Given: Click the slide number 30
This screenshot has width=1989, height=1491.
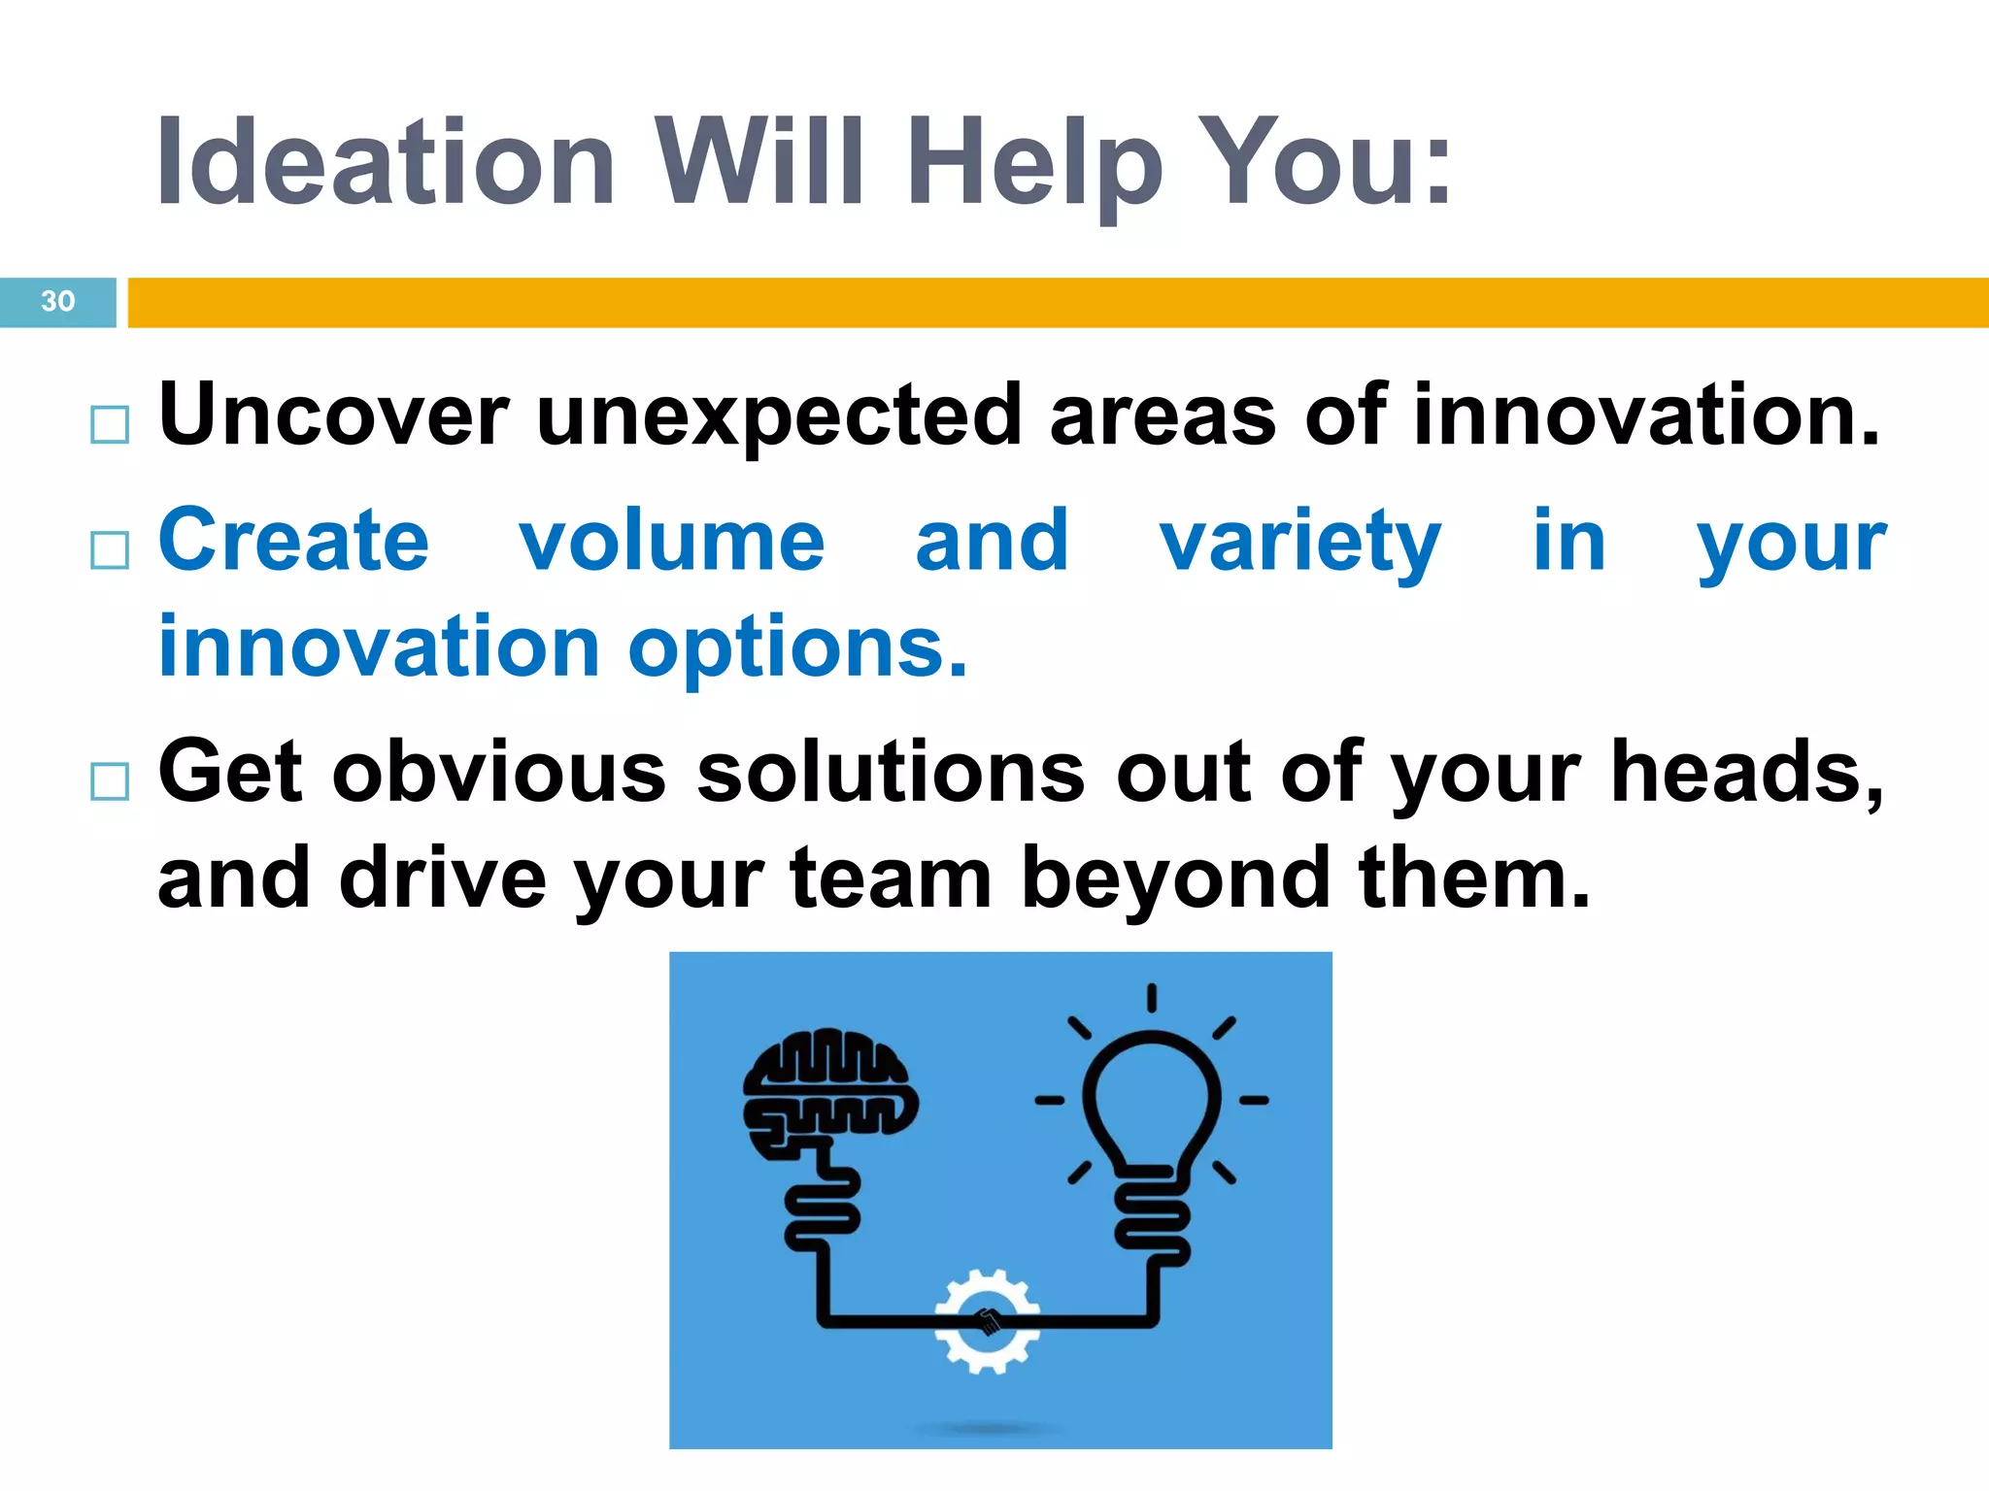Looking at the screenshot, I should [57, 302].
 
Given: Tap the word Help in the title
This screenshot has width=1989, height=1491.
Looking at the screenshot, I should [1033, 163].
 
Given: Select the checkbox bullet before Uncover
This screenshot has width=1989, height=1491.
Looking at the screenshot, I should [109, 425].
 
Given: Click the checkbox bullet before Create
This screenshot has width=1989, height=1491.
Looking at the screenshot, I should [109, 549].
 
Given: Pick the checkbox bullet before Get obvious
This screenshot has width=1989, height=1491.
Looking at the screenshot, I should [109, 780].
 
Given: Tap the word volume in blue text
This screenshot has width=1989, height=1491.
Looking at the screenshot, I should [671, 542].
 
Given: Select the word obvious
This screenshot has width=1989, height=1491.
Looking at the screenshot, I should [499, 773].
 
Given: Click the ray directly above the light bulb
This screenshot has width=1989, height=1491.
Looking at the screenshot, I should [1151, 998].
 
